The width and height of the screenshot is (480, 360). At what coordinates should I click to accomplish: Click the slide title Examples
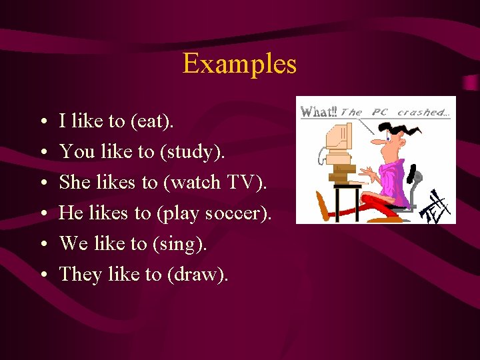tap(239, 64)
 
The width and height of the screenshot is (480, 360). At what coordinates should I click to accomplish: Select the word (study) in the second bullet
tap(192, 152)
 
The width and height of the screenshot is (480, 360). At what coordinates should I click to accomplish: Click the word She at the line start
tap(75, 182)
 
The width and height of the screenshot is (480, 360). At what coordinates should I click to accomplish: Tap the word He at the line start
tap(71, 213)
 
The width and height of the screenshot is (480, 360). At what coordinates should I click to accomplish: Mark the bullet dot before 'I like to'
tap(42, 122)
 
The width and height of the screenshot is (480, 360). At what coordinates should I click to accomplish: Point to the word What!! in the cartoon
tap(319, 112)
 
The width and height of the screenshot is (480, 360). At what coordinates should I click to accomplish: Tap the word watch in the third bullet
tap(193, 182)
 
